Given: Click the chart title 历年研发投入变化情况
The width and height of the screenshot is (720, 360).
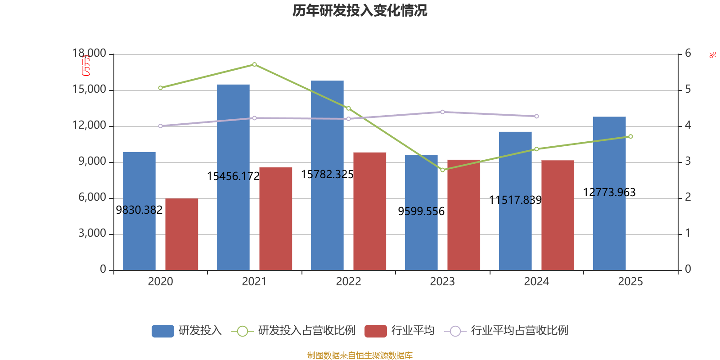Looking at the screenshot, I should pyautogui.click(x=360, y=10).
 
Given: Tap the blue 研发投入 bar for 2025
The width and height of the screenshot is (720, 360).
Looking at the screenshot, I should pyautogui.click(x=609, y=193).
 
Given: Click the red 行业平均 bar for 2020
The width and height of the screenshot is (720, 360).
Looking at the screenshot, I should pyautogui.click(x=182, y=234).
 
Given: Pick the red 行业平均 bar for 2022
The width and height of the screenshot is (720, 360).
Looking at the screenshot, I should pyautogui.click(x=369, y=211).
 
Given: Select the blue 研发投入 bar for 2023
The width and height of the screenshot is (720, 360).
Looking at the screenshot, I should pyautogui.click(x=421, y=212).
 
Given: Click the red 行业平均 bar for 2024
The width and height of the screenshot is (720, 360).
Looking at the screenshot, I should pyautogui.click(x=558, y=215).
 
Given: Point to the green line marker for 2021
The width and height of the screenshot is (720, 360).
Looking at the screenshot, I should pyautogui.click(x=254, y=64).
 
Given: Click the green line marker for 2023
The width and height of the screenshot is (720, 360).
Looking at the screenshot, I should pyautogui.click(x=442, y=170).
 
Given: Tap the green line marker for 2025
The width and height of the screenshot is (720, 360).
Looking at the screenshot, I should pyautogui.click(x=630, y=136).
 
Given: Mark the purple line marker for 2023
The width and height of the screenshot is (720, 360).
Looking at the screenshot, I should pyautogui.click(x=442, y=112).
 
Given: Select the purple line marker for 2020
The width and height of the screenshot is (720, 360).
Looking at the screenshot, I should pyautogui.click(x=160, y=126).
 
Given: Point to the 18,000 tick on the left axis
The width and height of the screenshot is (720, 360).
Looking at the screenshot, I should pyautogui.click(x=90, y=54).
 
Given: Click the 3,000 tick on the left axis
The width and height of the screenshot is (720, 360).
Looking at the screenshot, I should pyautogui.click(x=92, y=233).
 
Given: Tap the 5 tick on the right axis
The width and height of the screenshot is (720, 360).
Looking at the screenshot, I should pyautogui.click(x=688, y=90).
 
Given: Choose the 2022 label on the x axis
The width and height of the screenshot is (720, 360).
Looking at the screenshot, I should pyautogui.click(x=348, y=282).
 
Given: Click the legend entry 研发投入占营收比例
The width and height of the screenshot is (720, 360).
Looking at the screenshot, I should pyautogui.click(x=306, y=331).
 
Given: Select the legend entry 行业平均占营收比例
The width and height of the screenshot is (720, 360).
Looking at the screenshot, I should pyautogui.click(x=519, y=331).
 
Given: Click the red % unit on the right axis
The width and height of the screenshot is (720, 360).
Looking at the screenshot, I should pyautogui.click(x=712, y=55).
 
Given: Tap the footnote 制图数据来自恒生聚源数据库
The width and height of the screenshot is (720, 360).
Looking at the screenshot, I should pyautogui.click(x=360, y=355).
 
